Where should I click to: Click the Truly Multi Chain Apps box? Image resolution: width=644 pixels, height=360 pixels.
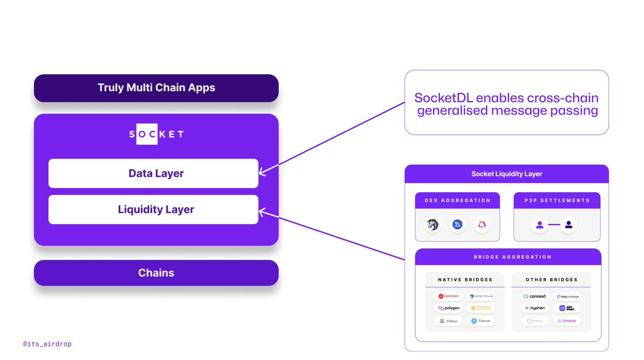pyautogui.click(x=156, y=88)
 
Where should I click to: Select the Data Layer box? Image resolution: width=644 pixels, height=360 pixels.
pyautogui.click(x=153, y=173)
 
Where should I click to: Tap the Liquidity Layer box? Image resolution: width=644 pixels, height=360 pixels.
pyautogui.click(x=153, y=209)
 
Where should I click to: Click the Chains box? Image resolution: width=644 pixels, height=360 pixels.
pyautogui.click(x=156, y=273)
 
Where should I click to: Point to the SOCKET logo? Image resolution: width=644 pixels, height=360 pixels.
pyautogui.click(x=156, y=134)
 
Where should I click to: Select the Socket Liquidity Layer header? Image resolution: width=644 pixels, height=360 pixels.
pyautogui.click(x=507, y=174)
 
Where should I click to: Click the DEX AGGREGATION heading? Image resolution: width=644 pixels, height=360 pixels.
pyautogui.click(x=457, y=201)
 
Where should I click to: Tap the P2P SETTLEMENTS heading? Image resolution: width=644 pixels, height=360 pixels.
pyautogui.click(x=557, y=201)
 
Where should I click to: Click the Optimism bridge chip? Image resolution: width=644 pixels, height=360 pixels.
pyautogui.click(x=449, y=296)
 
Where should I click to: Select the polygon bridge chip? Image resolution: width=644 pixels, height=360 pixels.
pyautogui.click(x=449, y=308)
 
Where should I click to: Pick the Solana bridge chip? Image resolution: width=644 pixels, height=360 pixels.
pyautogui.click(x=449, y=321)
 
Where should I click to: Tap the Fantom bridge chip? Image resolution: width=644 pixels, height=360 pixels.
pyautogui.click(x=480, y=321)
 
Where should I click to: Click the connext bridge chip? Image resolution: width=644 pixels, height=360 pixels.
pyautogui.click(x=535, y=296)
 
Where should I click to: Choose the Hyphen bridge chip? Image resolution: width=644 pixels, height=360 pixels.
pyautogui.click(x=535, y=308)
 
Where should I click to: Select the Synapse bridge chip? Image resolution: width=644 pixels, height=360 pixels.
pyautogui.click(x=567, y=321)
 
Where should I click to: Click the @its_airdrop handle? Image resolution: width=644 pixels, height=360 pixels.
pyautogui.click(x=47, y=344)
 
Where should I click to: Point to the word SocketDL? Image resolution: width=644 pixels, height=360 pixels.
pyautogui.click(x=443, y=98)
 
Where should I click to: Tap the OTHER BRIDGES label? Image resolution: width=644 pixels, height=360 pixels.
pyautogui.click(x=552, y=280)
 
